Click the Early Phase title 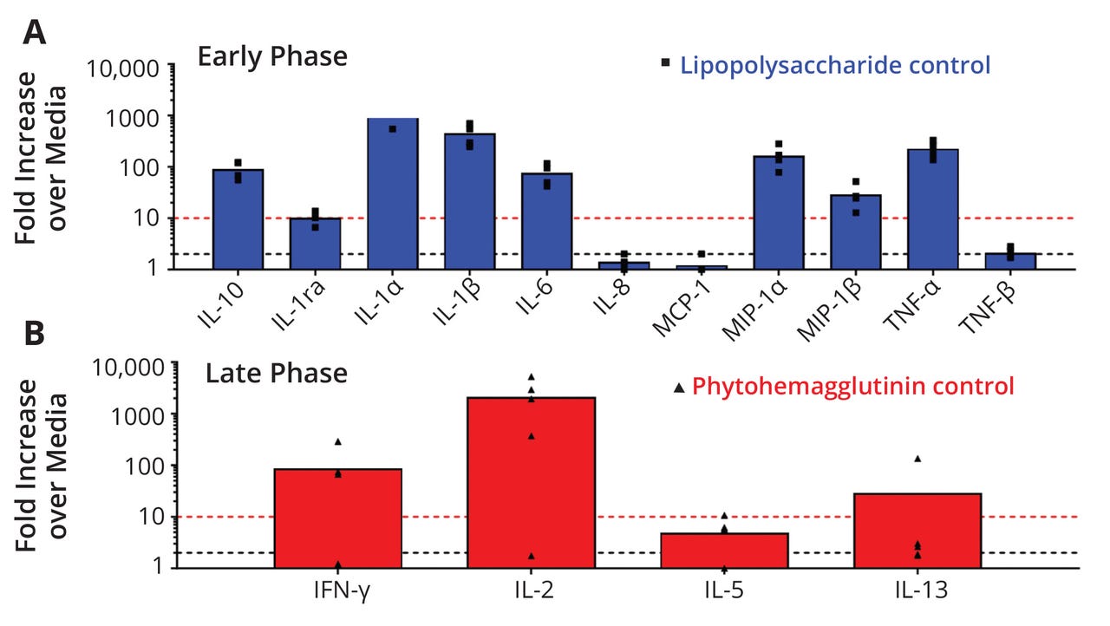272,57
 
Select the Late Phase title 277,374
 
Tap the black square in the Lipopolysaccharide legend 666,62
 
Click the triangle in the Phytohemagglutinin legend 679,388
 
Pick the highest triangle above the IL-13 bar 917,459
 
